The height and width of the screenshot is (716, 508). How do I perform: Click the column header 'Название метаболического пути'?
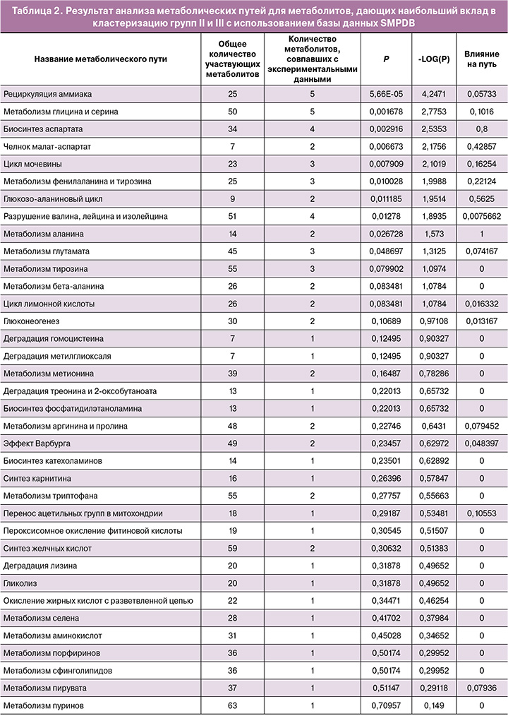[x=101, y=59]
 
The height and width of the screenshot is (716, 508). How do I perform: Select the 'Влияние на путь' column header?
[x=482, y=59]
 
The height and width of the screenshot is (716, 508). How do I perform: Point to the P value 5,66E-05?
[x=385, y=93]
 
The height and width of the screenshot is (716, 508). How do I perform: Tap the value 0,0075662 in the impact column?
[x=482, y=216]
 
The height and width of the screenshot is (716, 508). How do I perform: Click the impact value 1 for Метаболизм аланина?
[x=482, y=234]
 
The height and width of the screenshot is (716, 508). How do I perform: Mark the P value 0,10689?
[x=385, y=321]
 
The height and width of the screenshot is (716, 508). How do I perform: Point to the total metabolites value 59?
[x=233, y=549]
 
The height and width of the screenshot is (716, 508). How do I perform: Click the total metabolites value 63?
[x=233, y=705]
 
